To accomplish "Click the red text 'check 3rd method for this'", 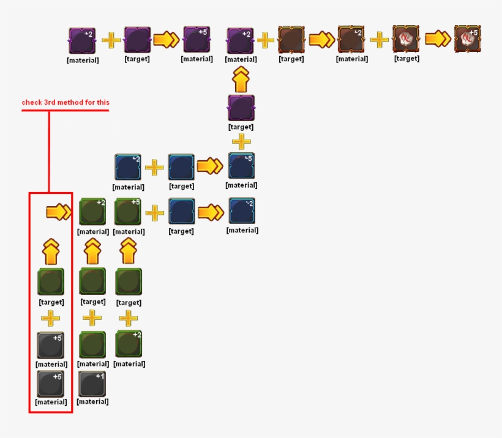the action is click(x=66, y=102).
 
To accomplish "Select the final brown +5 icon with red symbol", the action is click(x=468, y=39).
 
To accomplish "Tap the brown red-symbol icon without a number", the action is click(x=406, y=39).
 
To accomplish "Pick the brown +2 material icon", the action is click(x=351, y=39).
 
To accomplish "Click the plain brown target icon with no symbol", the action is click(x=291, y=39).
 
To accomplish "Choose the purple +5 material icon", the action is click(x=197, y=39).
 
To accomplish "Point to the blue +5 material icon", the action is click(x=241, y=166).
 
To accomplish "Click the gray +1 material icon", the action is click(x=92, y=384).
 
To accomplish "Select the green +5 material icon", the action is click(x=128, y=211).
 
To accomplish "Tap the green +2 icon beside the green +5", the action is click(x=92, y=211).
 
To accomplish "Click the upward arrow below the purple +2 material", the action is click(x=241, y=80).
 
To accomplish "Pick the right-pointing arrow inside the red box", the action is click(x=59, y=212).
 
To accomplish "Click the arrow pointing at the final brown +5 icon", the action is click(x=438, y=39).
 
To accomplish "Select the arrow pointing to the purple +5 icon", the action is click(x=166, y=40).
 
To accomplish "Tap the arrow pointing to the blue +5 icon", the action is click(x=210, y=166).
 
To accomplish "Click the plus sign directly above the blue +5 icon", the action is click(x=241, y=141).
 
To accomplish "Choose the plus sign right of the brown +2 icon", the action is click(x=380, y=39).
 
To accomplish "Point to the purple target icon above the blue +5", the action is click(x=241, y=108).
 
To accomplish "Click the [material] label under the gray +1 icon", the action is click(x=92, y=401).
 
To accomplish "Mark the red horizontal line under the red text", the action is click(x=66, y=110).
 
